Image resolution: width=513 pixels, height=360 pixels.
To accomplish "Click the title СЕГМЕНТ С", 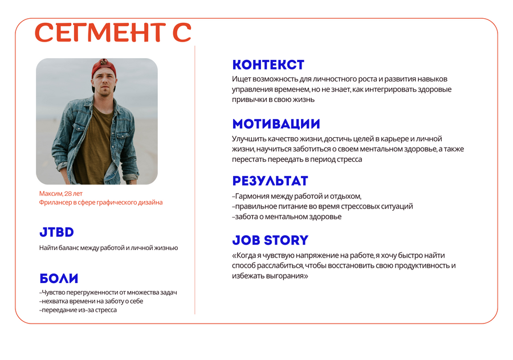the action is click(x=113, y=32).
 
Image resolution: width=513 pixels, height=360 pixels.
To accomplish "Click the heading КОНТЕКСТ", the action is click(x=268, y=65).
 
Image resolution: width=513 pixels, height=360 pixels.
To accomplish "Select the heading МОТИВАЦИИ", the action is click(x=276, y=124).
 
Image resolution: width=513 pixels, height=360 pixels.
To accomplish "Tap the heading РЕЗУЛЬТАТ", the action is click(x=270, y=181).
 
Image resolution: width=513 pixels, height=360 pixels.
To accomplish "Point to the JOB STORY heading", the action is click(x=270, y=240).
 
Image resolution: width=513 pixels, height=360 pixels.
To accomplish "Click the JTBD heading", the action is click(x=56, y=232).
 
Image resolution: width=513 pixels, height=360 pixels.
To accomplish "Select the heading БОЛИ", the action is click(x=59, y=279).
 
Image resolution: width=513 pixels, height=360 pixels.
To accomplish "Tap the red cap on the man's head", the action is click(x=104, y=67).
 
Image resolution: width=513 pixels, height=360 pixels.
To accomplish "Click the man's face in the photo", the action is click(x=104, y=83).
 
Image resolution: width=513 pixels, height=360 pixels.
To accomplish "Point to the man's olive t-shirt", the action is click(x=95, y=144).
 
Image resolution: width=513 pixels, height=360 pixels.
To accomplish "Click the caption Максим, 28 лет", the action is click(x=61, y=194).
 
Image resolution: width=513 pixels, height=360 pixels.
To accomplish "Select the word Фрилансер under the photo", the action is click(x=55, y=202).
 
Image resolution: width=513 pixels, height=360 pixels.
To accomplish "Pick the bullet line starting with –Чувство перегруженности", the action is click(x=108, y=292).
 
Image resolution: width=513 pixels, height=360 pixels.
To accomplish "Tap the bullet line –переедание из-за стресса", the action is click(x=78, y=310).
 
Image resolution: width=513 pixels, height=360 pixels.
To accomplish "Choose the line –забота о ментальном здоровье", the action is click(x=287, y=217).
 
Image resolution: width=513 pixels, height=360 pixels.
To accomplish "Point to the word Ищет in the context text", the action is click(x=242, y=79).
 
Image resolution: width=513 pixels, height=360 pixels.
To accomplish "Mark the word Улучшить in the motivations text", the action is click(x=249, y=139).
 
